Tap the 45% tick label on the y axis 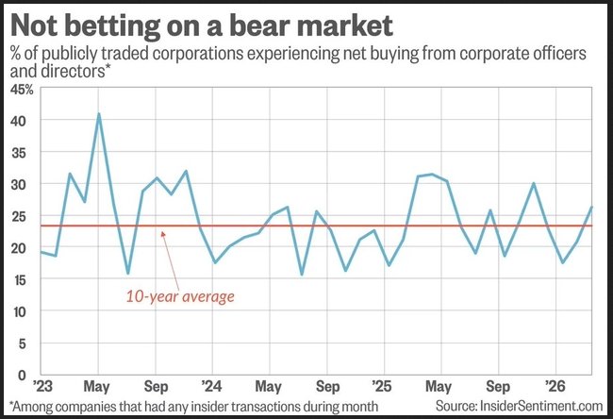pyautogui.click(x=22, y=90)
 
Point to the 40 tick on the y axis pyautogui.click(x=24, y=121)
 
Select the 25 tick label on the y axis pyautogui.click(x=24, y=216)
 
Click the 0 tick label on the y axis pyautogui.click(x=29, y=375)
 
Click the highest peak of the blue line pyautogui.click(x=99, y=114)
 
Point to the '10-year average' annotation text pyautogui.click(x=179, y=295)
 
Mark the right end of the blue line pyautogui.click(x=591, y=208)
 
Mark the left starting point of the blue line pyautogui.click(x=41, y=251)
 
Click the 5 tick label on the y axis pyautogui.click(x=29, y=343)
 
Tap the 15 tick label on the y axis pyautogui.click(x=24, y=279)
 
